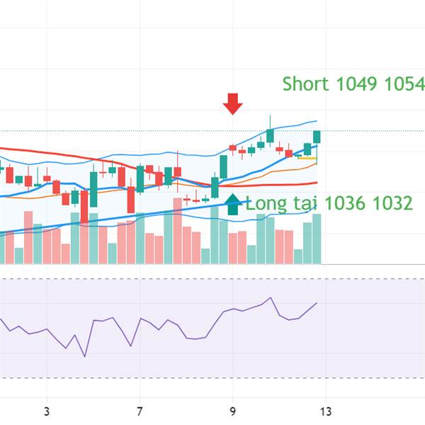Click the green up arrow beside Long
coord(232,203)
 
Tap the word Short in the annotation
coord(305,84)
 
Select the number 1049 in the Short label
coord(357,84)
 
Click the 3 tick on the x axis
coord(46,411)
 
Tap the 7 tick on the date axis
coord(140,411)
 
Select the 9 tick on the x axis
coord(232,411)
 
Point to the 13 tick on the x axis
coord(326,411)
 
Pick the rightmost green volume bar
coord(317,239)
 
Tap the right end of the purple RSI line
coord(317,302)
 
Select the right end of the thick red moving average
coord(316,183)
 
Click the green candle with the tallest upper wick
coord(270,135)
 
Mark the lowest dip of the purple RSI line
coord(84,356)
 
